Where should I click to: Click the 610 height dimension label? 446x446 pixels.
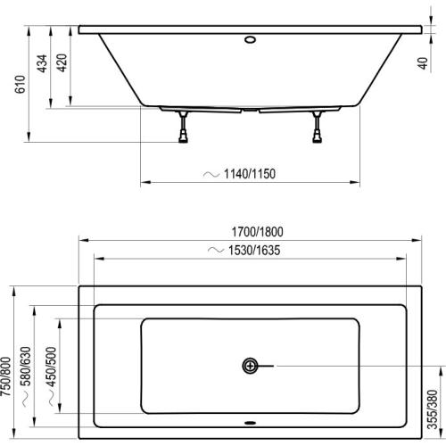pyautogui.click(x=21, y=84)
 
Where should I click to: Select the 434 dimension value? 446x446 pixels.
pyautogui.click(x=42, y=63)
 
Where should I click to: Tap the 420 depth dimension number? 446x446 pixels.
pyautogui.click(x=62, y=62)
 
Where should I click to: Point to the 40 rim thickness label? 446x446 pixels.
pyautogui.click(x=423, y=63)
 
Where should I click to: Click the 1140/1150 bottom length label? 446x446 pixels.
pyautogui.click(x=250, y=174)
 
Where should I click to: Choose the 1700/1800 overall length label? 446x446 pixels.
pyautogui.click(x=258, y=232)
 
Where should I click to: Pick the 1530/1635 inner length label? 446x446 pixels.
pyautogui.click(x=254, y=251)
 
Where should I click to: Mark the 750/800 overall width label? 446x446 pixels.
pyautogui.click(x=6, y=376)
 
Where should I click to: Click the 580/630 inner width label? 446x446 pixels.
pyautogui.click(x=26, y=367)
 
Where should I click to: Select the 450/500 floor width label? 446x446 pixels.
pyautogui.click(x=51, y=367)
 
